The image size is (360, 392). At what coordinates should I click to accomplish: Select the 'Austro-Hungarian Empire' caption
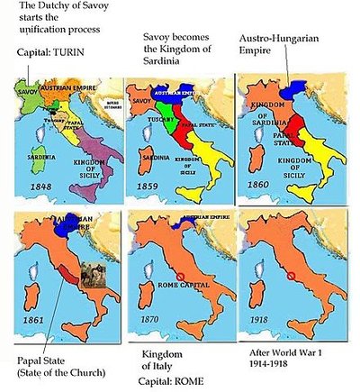(283, 46)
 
